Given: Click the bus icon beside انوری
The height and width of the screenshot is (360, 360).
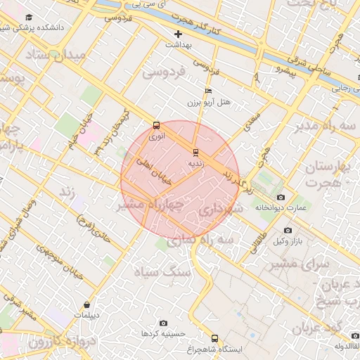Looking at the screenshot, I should click(x=156, y=126).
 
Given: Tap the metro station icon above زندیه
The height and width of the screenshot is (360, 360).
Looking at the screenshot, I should click(x=195, y=152).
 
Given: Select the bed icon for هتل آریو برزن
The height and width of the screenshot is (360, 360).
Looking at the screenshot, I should click(x=207, y=91).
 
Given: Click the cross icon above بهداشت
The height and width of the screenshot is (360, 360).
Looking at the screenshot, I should click(x=178, y=33).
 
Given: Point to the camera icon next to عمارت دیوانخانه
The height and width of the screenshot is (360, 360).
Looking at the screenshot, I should click(x=281, y=198).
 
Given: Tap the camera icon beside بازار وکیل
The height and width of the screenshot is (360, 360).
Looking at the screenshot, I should click(x=288, y=230).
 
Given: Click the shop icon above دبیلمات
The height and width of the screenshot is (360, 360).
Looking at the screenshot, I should click(x=86, y=304).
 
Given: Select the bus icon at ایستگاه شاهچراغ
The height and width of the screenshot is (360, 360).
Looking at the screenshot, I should click(x=214, y=338).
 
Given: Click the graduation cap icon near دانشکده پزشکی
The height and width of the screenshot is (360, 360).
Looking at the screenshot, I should click(x=29, y=17).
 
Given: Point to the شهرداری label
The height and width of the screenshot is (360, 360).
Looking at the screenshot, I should click(x=219, y=210).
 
